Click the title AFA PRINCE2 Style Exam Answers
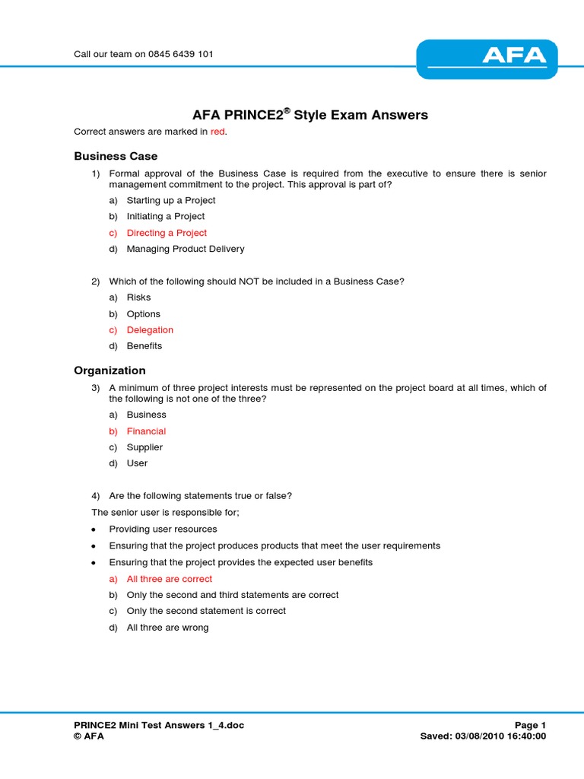coord(309,116)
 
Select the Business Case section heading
coord(116,156)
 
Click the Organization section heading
coord(109,370)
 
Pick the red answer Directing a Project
coord(167,233)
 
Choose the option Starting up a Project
coord(171,200)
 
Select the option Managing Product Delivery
coord(186,249)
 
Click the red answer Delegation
coord(150,330)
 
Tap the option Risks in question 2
coord(139,297)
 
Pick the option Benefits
coord(144,346)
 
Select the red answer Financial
coord(146,431)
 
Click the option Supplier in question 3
coord(144,447)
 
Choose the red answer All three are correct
coord(170,579)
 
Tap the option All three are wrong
coord(167,628)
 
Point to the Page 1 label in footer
coord(530,726)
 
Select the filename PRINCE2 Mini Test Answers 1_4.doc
coord(159,726)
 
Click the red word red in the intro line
coord(218,132)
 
